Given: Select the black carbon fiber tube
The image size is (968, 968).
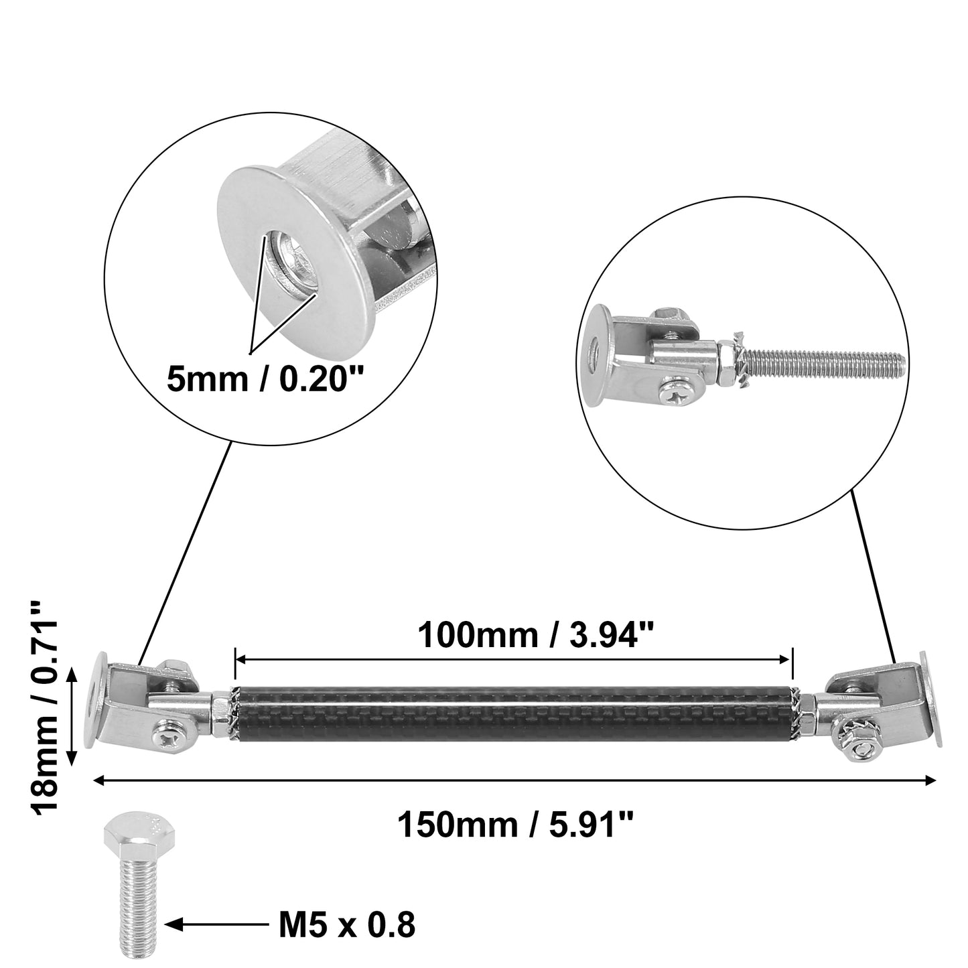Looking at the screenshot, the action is tap(513, 712).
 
